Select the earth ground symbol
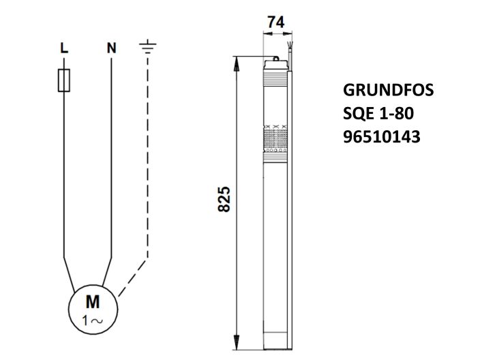(147, 47)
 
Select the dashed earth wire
(147, 170)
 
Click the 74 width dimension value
(276, 22)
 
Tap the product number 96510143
(381, 137)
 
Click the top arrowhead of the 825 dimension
(237, 61)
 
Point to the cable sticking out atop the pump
(291, 52)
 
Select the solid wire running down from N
(111, 157)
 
